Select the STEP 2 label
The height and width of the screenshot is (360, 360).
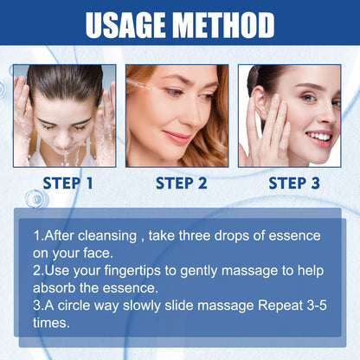pyautogui.click(x=181, y=183)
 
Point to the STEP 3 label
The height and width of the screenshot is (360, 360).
pyautogui.click(x=294, y=183)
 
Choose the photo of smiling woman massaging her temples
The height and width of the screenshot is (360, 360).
pyautogui.click(x=290, y=115)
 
